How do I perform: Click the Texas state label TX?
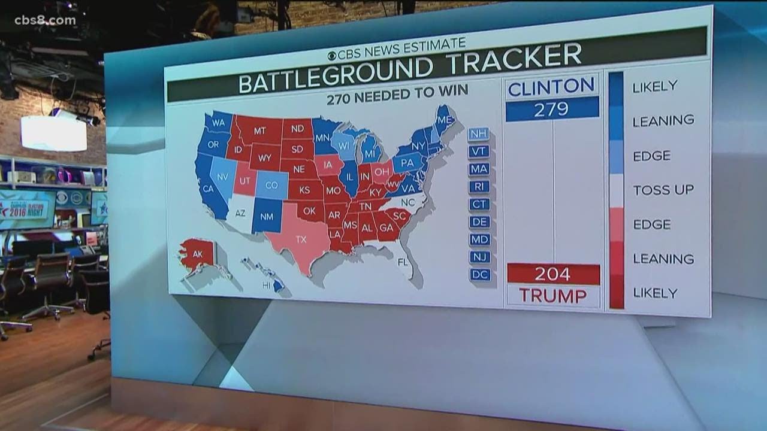[301, 239]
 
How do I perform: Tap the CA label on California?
[209, 189]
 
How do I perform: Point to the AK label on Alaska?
[197, 253]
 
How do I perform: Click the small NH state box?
[479, 134]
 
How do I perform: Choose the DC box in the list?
[480, 275]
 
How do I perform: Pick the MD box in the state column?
[480, 239]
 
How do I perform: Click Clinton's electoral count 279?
[552, 109]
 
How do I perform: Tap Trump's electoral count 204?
[553, 274]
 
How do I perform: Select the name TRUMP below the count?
[553, 295]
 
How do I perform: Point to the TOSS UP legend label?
[663, 190]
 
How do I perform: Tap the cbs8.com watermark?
[45, 20]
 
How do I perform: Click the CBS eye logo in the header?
[331, 56]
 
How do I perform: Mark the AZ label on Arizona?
[240, 213]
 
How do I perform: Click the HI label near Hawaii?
[267, 286]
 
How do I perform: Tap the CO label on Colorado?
[271, 186]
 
